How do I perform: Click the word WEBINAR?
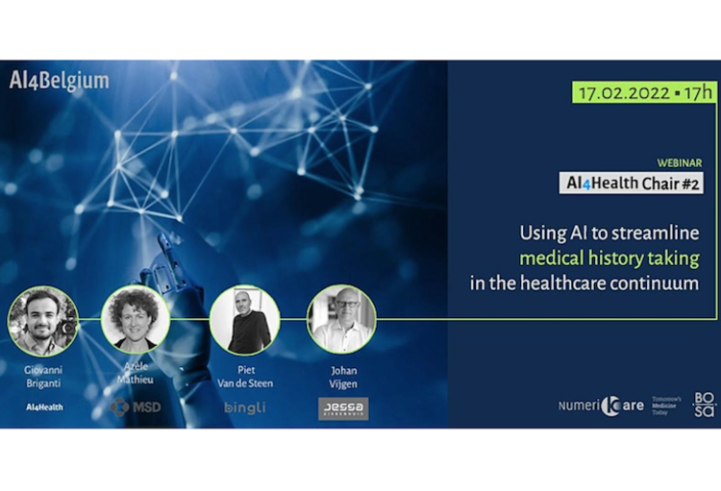[679, 164]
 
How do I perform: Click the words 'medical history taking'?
[610, 258]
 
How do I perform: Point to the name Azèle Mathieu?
[136, 375]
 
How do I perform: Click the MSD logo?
[134, 407]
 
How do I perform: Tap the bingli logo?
[244, 408]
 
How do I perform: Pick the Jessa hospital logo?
[343, 408]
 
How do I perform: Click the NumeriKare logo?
[601, 405]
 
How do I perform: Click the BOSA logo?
[705, 405]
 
